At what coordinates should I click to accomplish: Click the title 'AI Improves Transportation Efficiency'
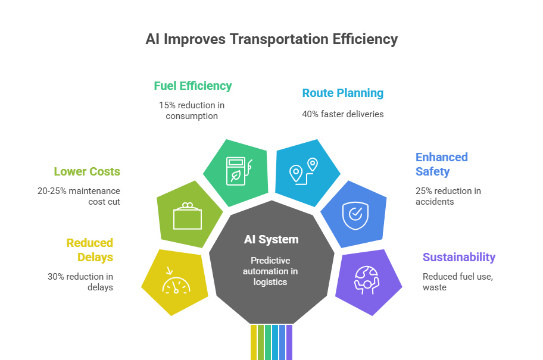tap(271, 40)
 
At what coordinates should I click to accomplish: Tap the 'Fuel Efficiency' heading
tap(192, 86)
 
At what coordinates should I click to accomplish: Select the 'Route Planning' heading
tap(342, 93)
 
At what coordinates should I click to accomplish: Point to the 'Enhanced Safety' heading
tap(441, 164)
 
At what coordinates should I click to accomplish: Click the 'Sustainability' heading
tap(458, 257)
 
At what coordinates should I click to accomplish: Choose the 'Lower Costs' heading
tap(87, 171)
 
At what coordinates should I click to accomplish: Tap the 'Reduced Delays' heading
tap(89, 250)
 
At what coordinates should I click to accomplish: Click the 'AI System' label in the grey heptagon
tap(271, 240)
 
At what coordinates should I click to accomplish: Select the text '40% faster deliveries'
tap(342, 114)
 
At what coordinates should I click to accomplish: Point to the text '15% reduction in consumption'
tap(192, 110)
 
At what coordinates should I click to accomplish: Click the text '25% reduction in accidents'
tap(448, 196)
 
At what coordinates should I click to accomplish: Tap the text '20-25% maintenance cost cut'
tap(79, 196)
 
